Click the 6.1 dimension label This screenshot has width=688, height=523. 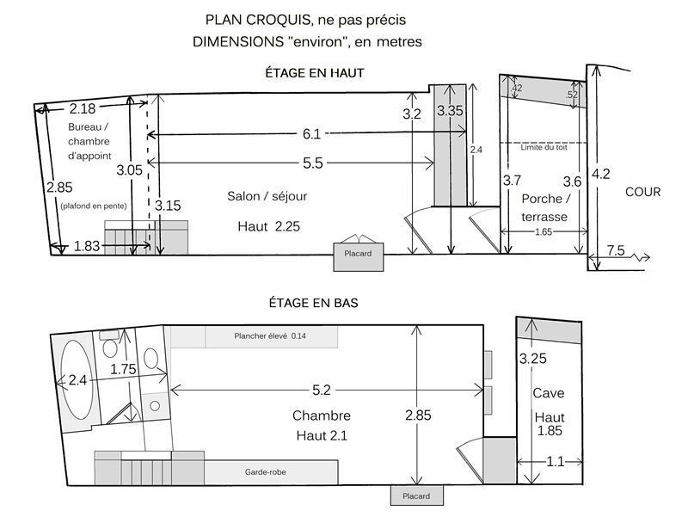tap(311, 134)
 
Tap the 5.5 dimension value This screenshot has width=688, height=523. tap(313, 163)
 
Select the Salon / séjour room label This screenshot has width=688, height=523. tap(267, 196)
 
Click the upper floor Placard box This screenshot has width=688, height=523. tap(358, 256)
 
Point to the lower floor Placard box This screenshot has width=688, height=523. tap(417, 495)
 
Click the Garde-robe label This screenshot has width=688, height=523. tap(266, 472)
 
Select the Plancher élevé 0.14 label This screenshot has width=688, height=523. tap(270, 336)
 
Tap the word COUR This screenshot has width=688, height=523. tap(642, 192)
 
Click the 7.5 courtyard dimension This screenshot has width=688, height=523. tap(616, 250)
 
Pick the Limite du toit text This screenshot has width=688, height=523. tap(544, 147)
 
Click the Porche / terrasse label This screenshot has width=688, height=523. tap(545, 207)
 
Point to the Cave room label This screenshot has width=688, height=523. tap(549, 393)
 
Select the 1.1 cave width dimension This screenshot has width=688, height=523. tap(555, 462)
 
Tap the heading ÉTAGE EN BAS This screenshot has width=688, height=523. tap(313, 303)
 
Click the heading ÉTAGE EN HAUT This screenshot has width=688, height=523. tap(315, 73)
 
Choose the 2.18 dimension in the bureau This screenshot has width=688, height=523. tap(83, 108)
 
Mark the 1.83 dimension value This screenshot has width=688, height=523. tap(87, 246)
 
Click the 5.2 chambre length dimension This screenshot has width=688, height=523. tap(321, 390)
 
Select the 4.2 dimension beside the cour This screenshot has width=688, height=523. tap(600, 174)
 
